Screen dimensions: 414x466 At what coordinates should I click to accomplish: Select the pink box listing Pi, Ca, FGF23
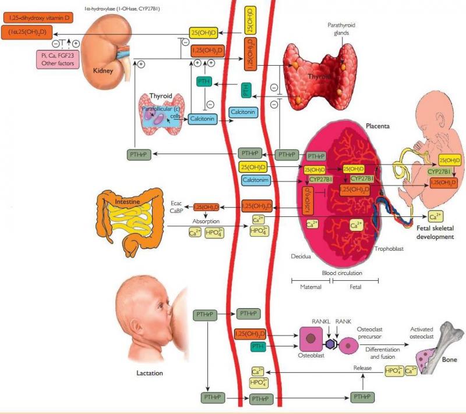click(57, 58)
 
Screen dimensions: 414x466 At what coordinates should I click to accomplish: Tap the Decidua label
click(302, 255)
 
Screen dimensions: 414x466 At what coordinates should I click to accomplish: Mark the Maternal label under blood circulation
click(310, 287)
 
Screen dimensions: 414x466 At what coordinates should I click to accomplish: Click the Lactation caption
click(149, 373)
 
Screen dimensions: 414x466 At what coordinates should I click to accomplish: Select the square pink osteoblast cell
click(312, 339)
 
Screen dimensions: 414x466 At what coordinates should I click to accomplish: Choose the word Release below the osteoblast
click(363, 368)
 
